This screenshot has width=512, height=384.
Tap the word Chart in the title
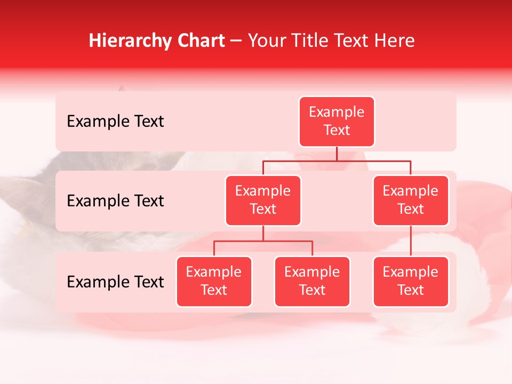click(x=198, y=41)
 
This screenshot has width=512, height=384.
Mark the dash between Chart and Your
click(x=236, y=42)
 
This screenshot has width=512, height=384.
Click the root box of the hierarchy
click(x=337, y=122)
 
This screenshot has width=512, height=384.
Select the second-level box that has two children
click(x=263, y=201)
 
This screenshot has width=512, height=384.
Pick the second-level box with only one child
click(x=411, y=201)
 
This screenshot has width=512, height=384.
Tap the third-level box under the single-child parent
click(x=411, y=282)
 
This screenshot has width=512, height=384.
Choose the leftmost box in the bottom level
click(x=214, y=282)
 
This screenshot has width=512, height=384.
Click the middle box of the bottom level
click(x=312, y=282)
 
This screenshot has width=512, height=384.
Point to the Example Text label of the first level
click(x=115, y=122)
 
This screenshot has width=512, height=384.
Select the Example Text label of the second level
click(x=115, y=201)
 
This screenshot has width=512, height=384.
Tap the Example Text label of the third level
click(x=115, y=282)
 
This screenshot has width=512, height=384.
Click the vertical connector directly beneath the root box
click(x=337, y=154)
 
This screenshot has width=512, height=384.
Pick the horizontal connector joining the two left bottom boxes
click(x=263, y=241)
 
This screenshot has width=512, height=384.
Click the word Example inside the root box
click(x=337, y=112)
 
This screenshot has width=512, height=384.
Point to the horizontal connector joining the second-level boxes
click(x=373, y=160)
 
